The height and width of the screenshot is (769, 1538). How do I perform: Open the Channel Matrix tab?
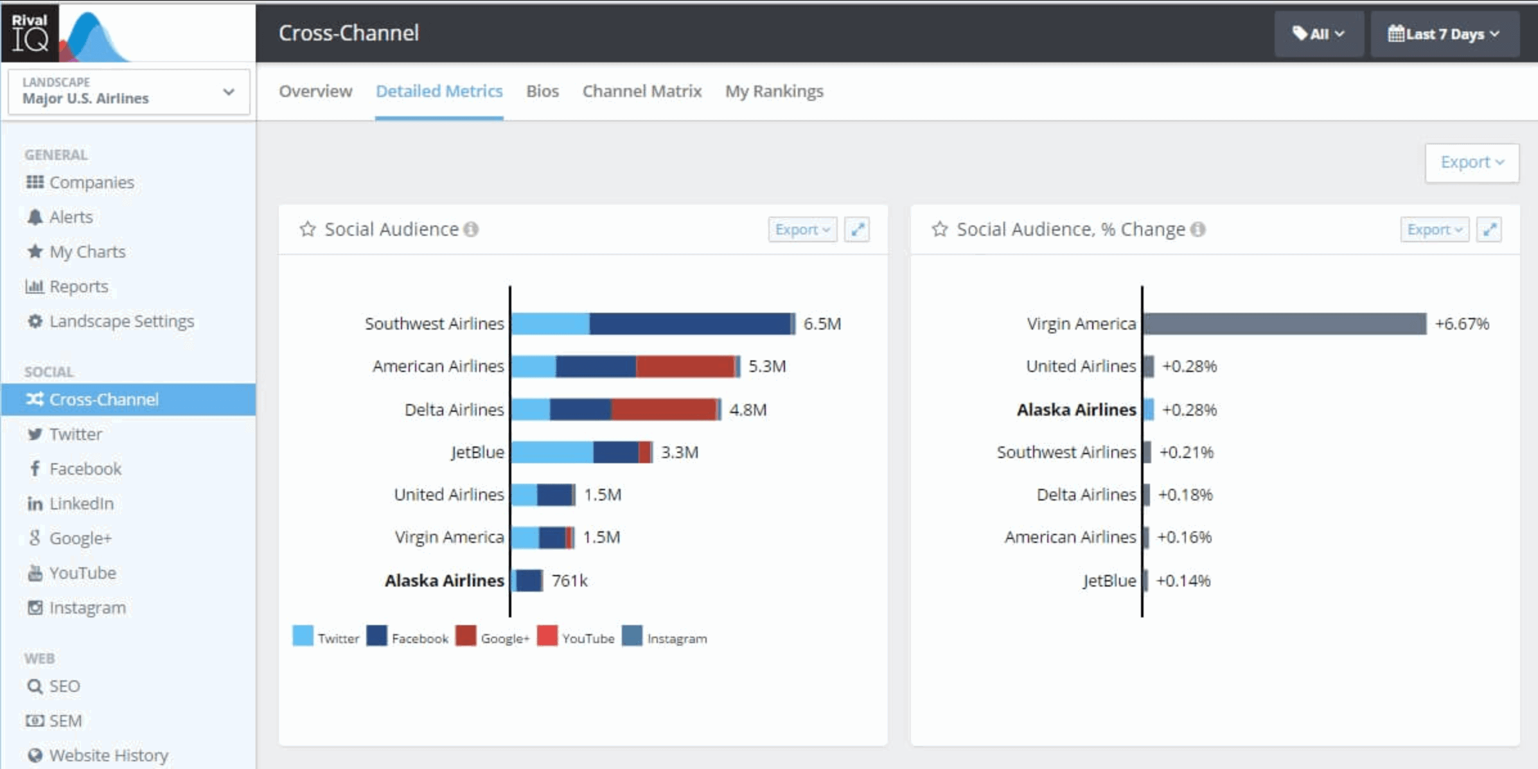tap(641, 91)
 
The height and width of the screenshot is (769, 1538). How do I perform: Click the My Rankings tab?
tap(773, 91)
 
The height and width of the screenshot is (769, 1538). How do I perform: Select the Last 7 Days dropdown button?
tap(1444, 34)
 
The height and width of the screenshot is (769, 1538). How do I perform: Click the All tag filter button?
tap(1318, 34)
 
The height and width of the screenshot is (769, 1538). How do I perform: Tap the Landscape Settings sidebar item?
tap(121, 321)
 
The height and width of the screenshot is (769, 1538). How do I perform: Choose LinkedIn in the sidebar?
tap(81, 503)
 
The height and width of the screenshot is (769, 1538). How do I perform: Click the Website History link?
tap(108, 755)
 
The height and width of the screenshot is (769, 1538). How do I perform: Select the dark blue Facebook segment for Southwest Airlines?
tap(689, 323)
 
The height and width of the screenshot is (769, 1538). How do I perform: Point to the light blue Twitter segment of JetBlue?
tap(552, 452)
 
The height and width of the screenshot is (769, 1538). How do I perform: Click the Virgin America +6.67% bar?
tap(1284, 323)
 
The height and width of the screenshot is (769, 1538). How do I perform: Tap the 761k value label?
tap(569, 580)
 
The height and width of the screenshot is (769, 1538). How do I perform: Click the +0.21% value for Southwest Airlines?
tap(1186, 452)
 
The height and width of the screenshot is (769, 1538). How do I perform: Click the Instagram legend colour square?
tap(632, 636)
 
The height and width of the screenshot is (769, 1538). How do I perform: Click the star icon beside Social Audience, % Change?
tap(939, 229)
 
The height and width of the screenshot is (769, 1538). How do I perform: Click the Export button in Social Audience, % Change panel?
tap(1434, 229)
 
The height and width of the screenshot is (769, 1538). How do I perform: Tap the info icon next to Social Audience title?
tap(471, 229)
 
